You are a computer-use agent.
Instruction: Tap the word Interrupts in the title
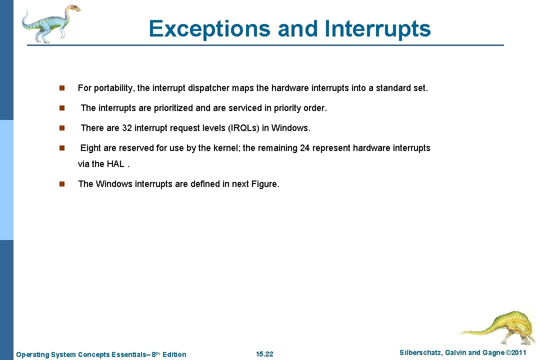[x=377, y=28]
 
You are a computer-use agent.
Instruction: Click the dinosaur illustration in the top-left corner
[x=50, y=23]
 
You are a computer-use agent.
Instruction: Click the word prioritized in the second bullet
[x=168, y=108]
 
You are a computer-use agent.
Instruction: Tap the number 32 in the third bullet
[x=127, y=128]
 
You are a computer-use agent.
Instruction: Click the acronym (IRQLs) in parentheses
[x=243, y=128]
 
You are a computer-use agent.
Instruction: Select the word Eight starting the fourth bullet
[x=90, y=148]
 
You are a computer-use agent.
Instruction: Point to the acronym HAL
[x=115, y=164]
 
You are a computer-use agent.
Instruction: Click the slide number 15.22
[x=264, y=354]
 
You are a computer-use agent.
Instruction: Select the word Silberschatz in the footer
[x=420, y=353]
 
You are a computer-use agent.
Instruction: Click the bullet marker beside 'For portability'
[x=61, y=88]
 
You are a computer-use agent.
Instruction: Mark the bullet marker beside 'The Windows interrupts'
[x=61, y=184]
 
